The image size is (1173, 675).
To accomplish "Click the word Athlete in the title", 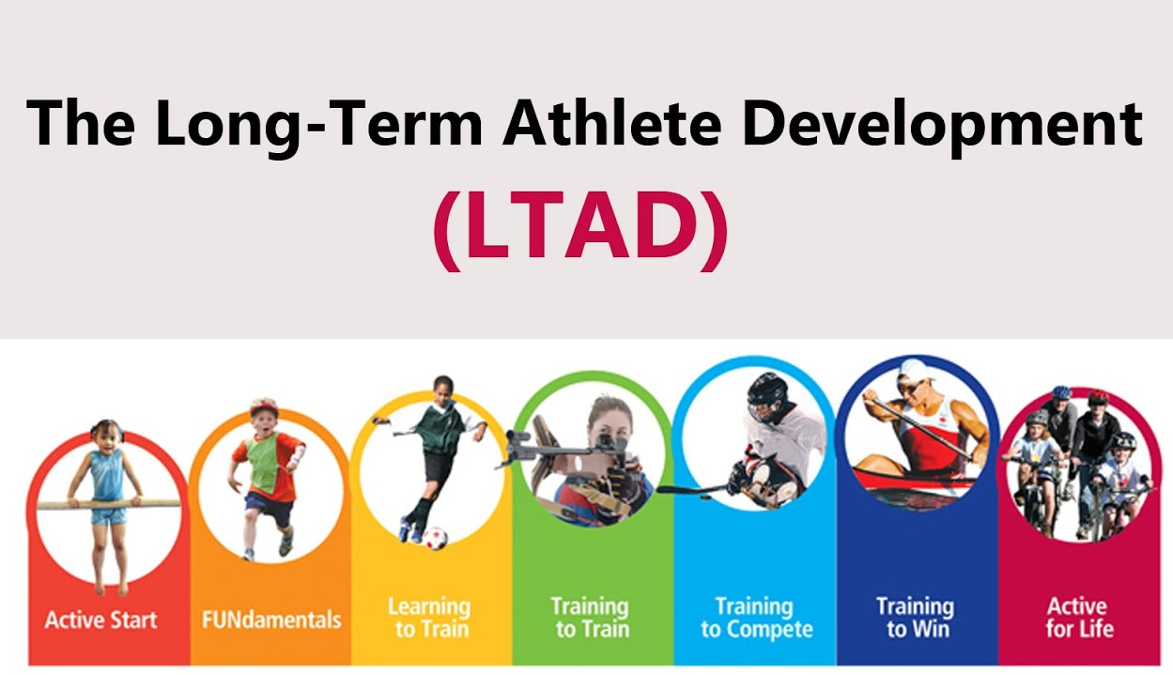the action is coord(611,123).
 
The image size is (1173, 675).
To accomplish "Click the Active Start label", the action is coord(101,620).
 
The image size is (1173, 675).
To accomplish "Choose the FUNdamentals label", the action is coord(271,620).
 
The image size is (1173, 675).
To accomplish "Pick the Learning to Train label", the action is coord(429,618).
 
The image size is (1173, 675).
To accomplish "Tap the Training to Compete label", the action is coord(756,618).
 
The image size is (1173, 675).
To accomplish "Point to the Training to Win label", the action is coord(916,618).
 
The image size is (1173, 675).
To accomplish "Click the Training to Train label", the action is coord(591,618).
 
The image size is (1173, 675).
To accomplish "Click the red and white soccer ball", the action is coord(435,538).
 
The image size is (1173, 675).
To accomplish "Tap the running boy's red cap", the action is coord(263,407).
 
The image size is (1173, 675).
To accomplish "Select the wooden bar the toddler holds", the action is coord(108,504).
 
